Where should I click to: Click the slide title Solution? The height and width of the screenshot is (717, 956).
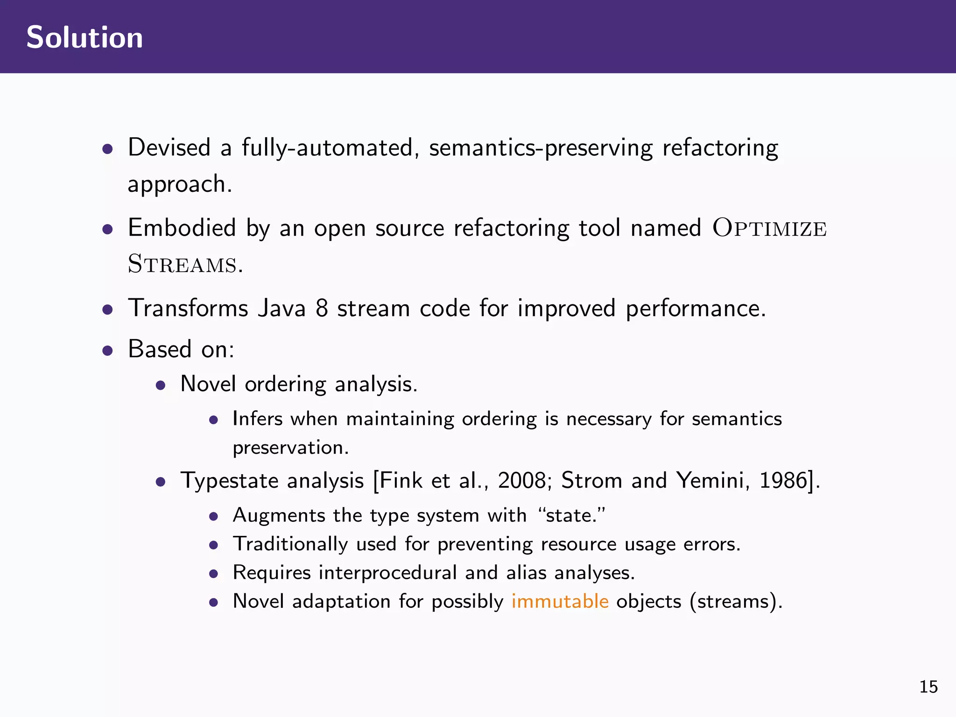point(84,37)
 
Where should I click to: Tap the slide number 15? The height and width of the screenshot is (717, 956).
point(928,687)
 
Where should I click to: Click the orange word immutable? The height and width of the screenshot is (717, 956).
point(560,601)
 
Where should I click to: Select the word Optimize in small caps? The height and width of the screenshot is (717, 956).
point(769,229)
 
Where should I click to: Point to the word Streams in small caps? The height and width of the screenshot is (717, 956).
point(183,264)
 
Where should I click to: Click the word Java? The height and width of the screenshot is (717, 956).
point(281,308)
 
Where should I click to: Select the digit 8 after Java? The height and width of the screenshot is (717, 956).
point(322,308)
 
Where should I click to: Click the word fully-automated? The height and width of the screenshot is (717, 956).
point(328,148)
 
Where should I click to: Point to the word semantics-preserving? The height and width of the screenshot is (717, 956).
point(541,148)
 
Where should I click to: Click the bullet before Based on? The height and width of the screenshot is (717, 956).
point(108,350)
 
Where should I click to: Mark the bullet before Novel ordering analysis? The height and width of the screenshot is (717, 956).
point(161,385)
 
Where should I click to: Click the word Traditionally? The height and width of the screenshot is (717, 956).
point(290,544)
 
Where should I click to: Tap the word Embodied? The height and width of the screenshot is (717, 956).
point(182,228)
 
